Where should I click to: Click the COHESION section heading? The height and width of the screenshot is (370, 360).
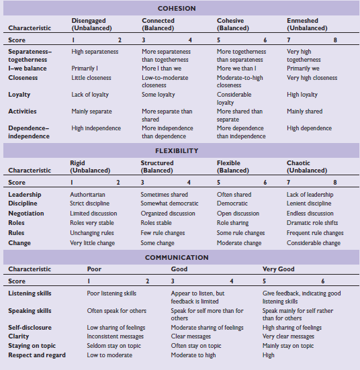pos(177,9)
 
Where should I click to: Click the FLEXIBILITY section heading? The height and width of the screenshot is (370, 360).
pos(177,151)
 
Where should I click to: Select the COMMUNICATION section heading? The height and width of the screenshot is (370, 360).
pos(177,257)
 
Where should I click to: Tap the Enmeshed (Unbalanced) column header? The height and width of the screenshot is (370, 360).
pos(307,25)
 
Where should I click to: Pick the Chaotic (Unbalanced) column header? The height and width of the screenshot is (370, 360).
pos(306,167)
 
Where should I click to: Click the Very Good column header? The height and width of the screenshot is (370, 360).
pos(277,269)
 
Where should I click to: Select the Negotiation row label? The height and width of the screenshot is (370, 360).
pos(26,214)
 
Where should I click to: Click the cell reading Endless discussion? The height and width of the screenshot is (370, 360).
pos(310,214)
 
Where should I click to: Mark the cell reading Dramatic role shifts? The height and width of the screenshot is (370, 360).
pos(313,223)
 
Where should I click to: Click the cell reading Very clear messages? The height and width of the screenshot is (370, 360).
pos(288,336)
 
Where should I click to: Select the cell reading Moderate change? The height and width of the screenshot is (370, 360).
pos(238,243)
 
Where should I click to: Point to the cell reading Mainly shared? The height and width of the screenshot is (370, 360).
pos(305,111)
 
